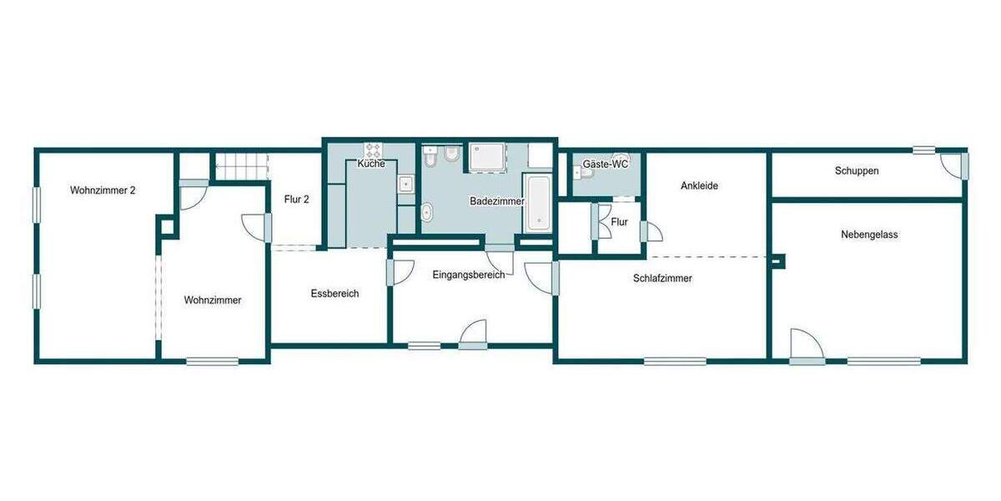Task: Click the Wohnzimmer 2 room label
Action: pyautogui.click(x=103, y=190)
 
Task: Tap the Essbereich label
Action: pyautogui.click(x=335, y=294)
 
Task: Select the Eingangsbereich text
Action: pyautogui.click(x=468, y=275)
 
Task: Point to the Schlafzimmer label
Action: pyautogui.click(x=662, y=278)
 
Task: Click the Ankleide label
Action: pyautogui.click(x=699, y=185)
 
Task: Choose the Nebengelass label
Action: pyautogui.click(x=869, y=235)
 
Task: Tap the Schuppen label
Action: pyautogui.click(x=857, y=171)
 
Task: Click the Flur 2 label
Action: pyautogui.click(x=296, y=200)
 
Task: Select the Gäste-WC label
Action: pyautogui.click(x=606, y=164)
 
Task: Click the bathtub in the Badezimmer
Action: pyautogui.click(x=538, y=203)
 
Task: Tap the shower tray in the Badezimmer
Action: pyautogui.click(x=487, y=157)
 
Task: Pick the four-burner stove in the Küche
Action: pyautogui.click(x=373, y=150)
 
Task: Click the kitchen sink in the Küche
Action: pyautogui.click(x=405, y=184)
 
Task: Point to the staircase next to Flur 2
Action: pyautogui.click(x=242, y=166)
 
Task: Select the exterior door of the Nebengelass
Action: pyautogui.click(x=807, y=347)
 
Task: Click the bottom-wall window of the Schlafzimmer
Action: pyautogui.click(x=675, y=361)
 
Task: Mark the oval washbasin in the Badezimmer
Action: pyautogui.click(x=427, y=212)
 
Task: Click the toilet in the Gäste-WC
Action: pyautogui.click(x=583, y=173)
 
